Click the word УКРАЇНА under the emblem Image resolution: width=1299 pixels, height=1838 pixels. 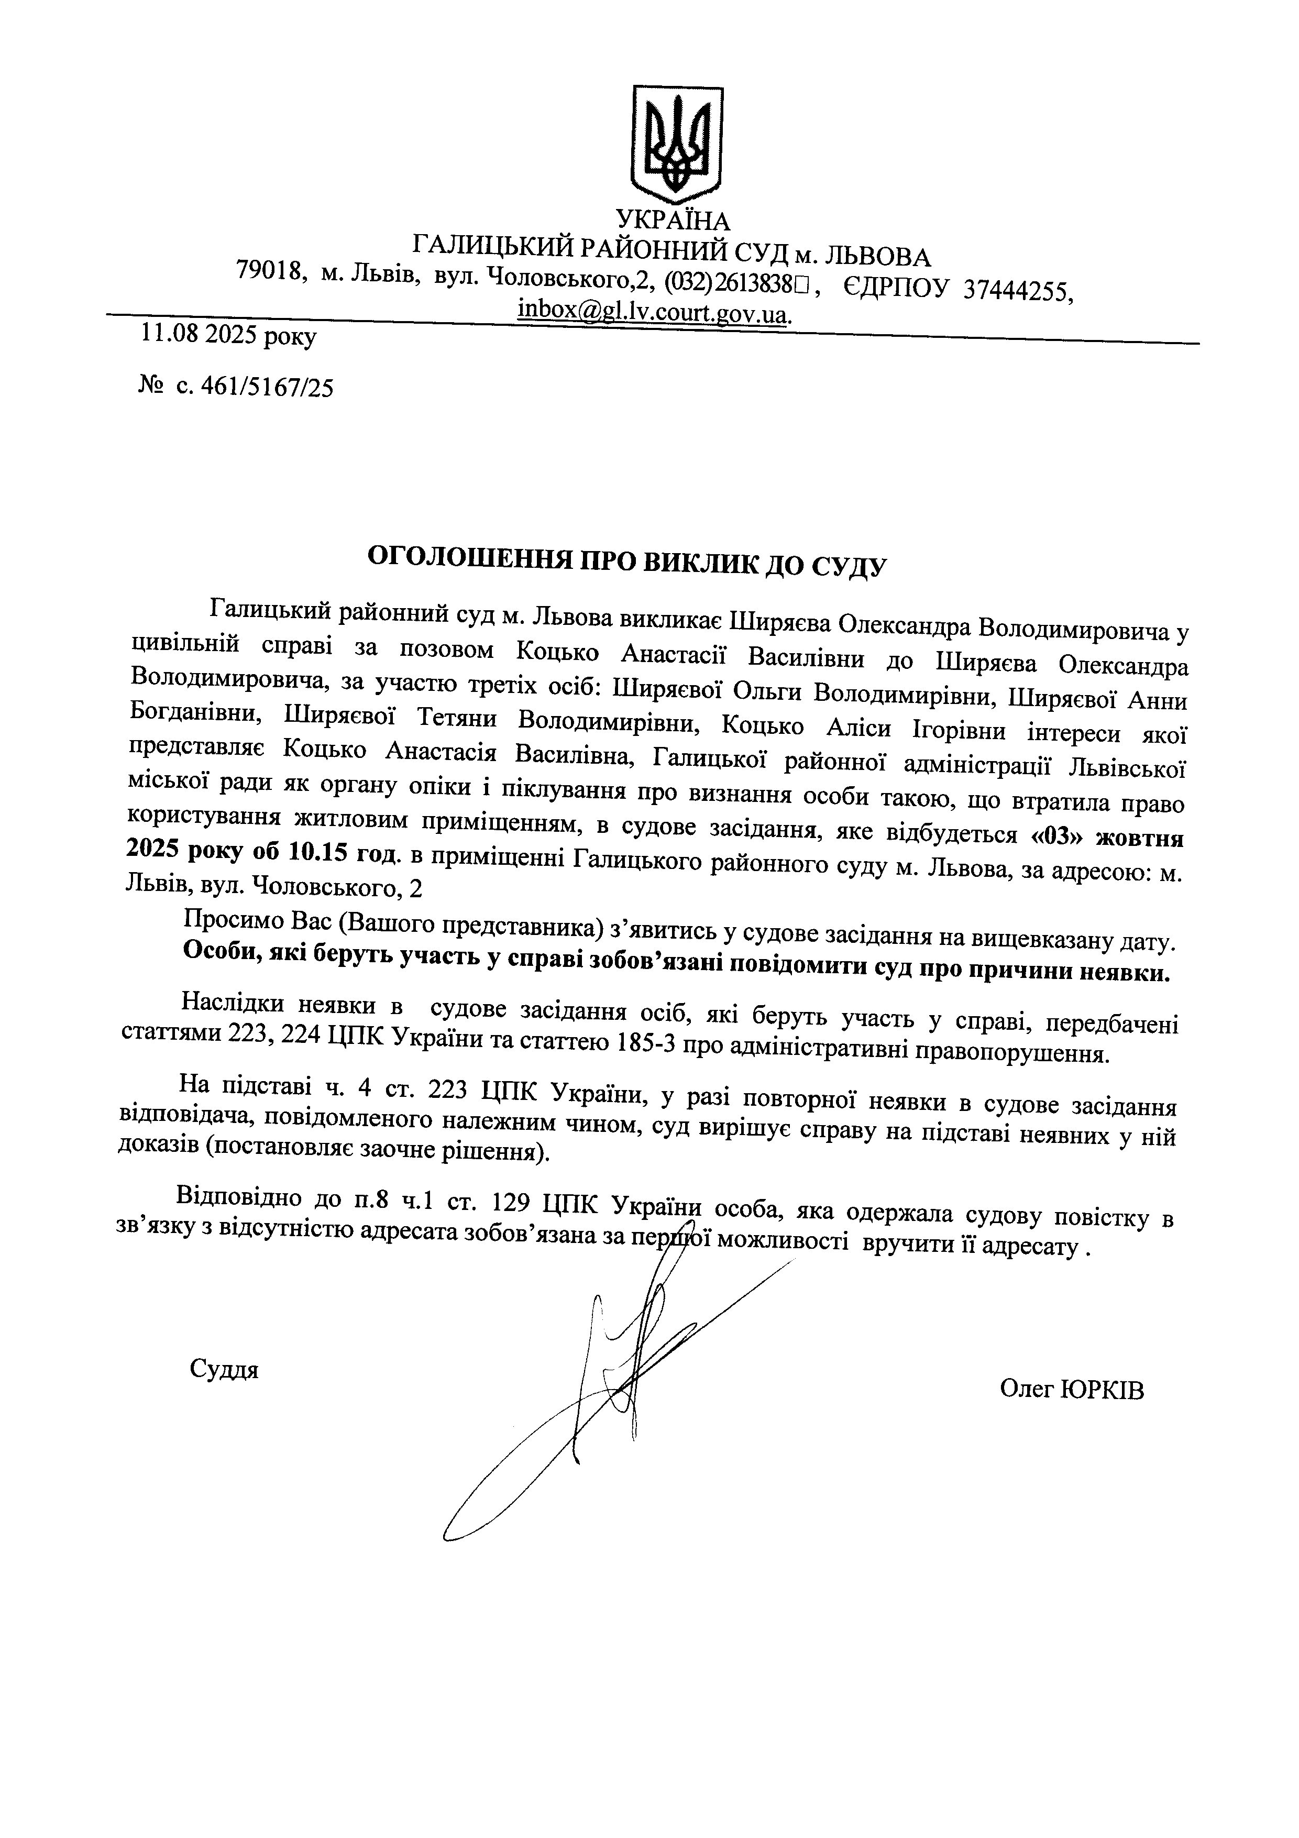pyautogui.click(x=673, y=220)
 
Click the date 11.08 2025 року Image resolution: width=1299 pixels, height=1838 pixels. pyautogui.click(x=228, y=335)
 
